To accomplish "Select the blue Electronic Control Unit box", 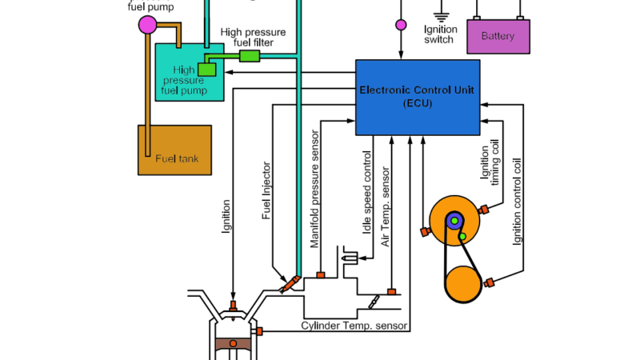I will (416, 97).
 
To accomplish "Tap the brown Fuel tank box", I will (174, 150).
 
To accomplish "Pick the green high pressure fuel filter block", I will (250, 55).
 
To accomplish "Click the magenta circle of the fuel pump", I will (149, 24).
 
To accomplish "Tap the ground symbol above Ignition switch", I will (440, 14).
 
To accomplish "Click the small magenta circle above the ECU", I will (401, 25).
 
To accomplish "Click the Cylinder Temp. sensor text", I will (354, 326).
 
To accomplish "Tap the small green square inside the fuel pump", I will (207, 70).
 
